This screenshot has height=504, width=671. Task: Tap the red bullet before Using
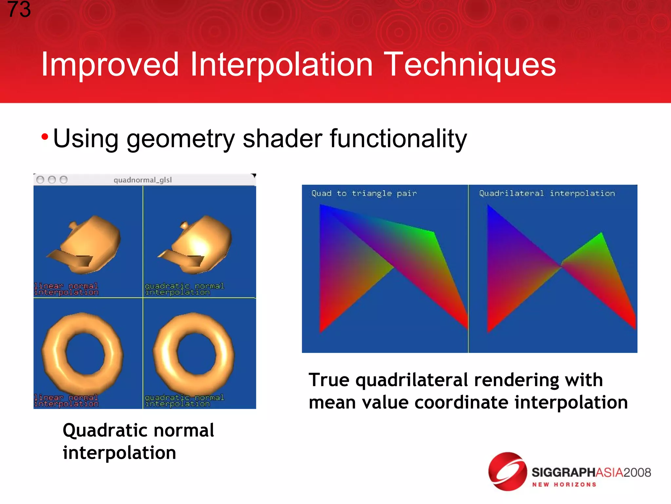45,136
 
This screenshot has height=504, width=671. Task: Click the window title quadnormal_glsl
143,180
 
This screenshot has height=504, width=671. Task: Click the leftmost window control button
40,180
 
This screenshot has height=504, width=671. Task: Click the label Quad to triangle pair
364,194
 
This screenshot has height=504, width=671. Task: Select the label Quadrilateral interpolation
547,194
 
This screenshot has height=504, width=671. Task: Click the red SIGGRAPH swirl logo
507,472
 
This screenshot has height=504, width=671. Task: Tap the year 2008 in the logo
637,472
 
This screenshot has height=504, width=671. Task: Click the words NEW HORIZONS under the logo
564,485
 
